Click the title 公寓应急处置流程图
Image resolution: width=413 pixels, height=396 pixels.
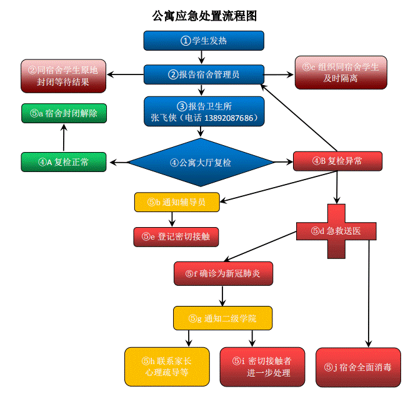pyautogui.click(x=204, y=16)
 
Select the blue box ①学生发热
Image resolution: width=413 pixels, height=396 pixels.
pyautogui.click(x=204, y=41)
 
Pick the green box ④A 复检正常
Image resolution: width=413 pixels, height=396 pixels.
pyautogui.click(x=64, y=162)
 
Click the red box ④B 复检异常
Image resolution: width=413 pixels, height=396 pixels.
pyautogui.click(x=337, y=161)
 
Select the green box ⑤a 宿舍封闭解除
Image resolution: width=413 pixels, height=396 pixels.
pyautogui.click(x=64, y=113)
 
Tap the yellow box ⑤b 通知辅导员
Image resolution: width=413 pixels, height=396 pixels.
pyautogui.click(x=177, y=202)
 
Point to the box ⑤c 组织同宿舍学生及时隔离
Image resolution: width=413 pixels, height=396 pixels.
pyautogui.click(x=341, y=73)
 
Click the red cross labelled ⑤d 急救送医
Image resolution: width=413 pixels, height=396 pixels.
pyautogui.click(x=337, y=231)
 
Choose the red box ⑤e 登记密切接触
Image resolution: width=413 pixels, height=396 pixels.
pyautogui.click(x=176, y=236)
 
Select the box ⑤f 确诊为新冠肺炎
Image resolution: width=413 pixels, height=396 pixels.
pyautogui.click(x=223, y=273)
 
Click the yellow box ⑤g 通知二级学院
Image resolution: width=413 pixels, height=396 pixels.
pyautogui.click(x=223, y=318)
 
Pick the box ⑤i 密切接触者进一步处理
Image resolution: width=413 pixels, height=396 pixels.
pyautogui.click(x=262, y=367)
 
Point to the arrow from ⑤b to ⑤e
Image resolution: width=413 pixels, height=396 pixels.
pyautogui.click(x=172, y=219)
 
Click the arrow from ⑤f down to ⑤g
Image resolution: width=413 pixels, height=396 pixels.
pyautogui.click(x=223, y=295)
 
